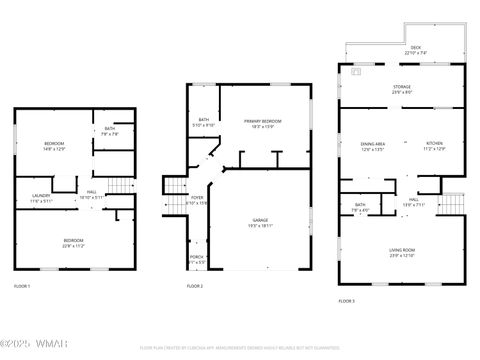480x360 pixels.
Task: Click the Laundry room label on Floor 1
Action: click(x=41, y=197)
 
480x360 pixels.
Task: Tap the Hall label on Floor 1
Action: click(x=91, y=195)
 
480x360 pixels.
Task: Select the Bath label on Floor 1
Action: click(x=110, y=132)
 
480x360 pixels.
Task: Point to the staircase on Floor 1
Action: click(x=120, y=187)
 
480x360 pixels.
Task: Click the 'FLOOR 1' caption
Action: click(x=22, y=286)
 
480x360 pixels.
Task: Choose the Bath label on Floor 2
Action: click(x=203, y=122)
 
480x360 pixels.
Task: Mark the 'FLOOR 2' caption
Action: click(x=194, y=286)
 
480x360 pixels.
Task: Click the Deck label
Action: click(x=415, y=51)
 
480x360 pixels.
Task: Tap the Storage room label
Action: click(x=401, y=90)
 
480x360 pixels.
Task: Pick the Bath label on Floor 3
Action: click(x=360, y=207)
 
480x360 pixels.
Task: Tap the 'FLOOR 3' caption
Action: click(x=346, y=300)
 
